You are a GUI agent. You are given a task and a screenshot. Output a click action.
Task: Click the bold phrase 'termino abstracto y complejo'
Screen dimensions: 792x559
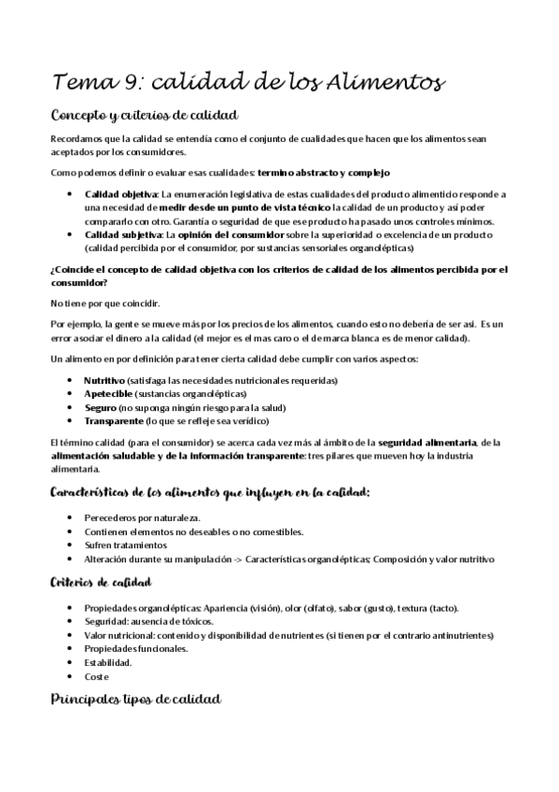[324, 174]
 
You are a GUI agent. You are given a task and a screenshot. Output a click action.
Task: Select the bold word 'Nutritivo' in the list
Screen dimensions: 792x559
[105, 381]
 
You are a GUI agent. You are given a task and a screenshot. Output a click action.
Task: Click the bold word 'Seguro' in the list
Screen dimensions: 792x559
[100, 408]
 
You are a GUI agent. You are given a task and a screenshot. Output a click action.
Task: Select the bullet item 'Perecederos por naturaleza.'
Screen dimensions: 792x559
[142, 517]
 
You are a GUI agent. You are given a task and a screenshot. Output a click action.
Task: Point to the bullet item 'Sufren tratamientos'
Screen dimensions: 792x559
[125, 544]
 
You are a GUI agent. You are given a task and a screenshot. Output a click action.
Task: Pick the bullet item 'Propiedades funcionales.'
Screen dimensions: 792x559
[135, 648]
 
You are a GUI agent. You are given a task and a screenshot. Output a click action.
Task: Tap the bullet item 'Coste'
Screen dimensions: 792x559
[96, 676]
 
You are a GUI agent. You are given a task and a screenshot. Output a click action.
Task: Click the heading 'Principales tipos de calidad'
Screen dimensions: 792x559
[135, 700]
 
